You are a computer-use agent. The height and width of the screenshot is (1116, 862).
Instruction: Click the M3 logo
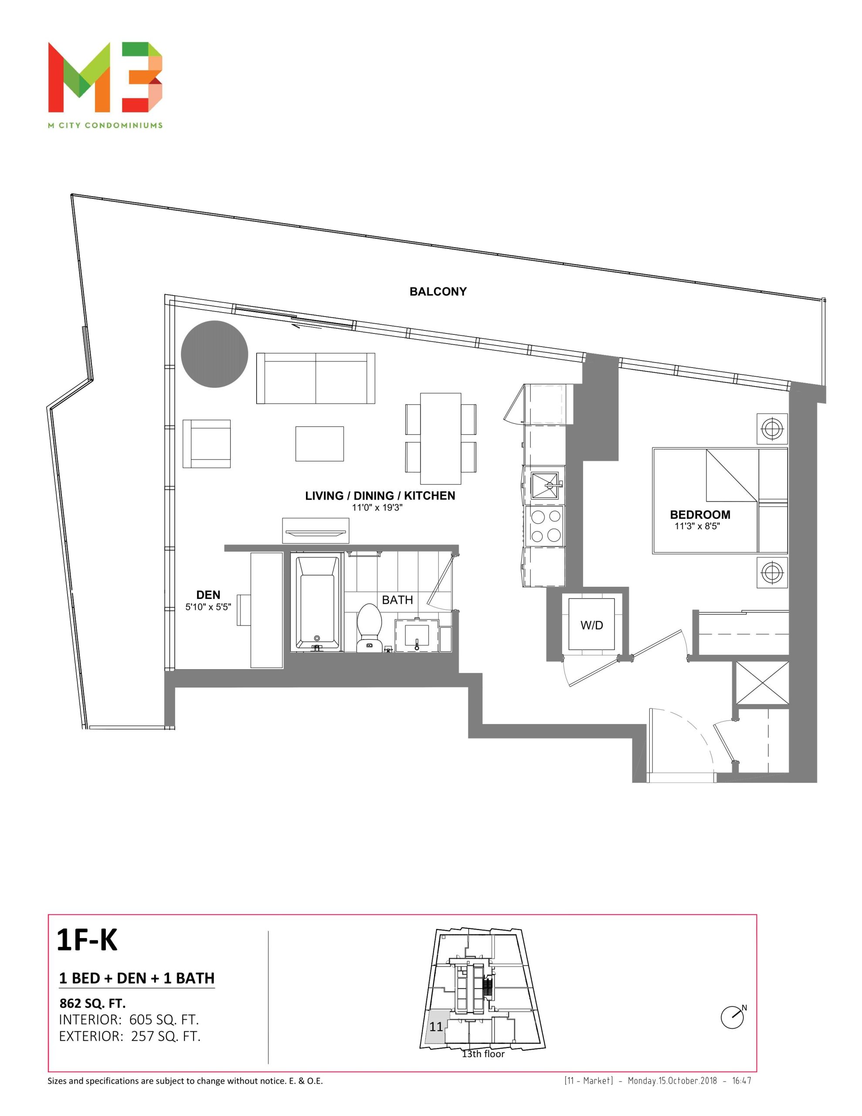point(105,77)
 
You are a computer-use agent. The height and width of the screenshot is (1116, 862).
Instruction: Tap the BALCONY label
point(438,292)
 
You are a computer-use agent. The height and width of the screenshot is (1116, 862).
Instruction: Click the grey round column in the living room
point(214,354)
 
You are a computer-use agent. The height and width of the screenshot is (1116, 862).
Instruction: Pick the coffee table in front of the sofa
point(319,443)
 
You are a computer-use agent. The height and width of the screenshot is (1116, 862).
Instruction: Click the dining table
point(441,438)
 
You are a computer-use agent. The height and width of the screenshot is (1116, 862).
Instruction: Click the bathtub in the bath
point(317,603)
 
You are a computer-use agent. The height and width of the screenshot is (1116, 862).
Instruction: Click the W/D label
point(592,625)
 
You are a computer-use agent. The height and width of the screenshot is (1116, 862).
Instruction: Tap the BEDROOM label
point(700,514)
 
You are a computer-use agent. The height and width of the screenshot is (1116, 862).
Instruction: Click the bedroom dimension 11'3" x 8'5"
point(697,526)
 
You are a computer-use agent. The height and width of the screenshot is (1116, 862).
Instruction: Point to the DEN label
point(208,595)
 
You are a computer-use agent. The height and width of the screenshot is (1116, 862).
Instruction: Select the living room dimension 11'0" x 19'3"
point(377,507)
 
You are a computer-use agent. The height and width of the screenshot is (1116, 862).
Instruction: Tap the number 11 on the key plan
point(436,1027)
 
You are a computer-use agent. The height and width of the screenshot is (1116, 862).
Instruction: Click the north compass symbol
point(733,1017)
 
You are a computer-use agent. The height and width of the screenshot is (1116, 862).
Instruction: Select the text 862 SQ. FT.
point(92,1003)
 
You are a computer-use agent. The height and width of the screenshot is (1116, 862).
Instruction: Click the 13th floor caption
point(483,1054)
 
